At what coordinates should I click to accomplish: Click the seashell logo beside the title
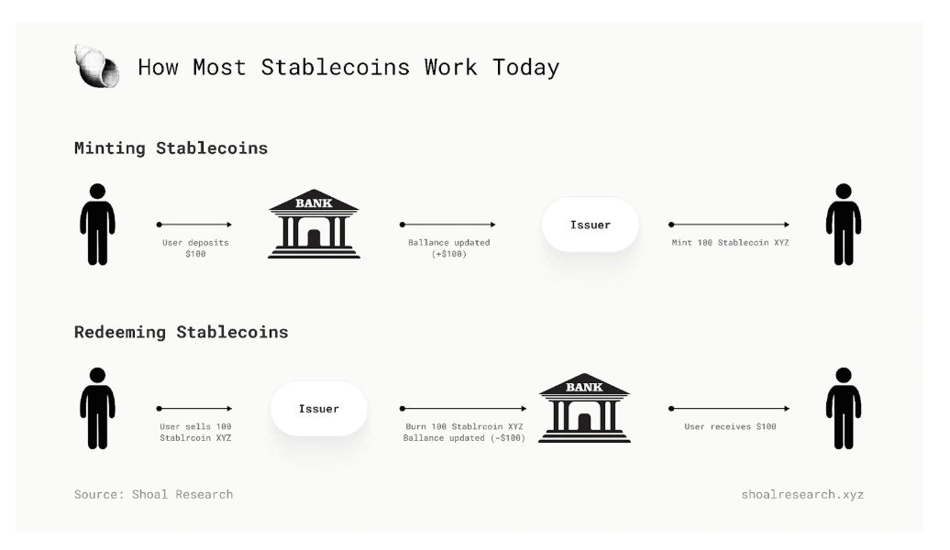click(x=96, y=66)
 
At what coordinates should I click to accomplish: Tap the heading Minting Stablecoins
click(x=171, y=148)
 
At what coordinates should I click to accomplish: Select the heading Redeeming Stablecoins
click(x=182, y=332)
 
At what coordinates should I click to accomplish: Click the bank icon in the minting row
click(x=314, y=224)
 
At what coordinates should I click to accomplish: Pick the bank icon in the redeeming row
click(x=584, y=408)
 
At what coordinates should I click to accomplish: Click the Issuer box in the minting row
click(x=591, y=225)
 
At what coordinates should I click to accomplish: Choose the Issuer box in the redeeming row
click(x=319, y=409)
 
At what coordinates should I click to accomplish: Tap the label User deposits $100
click(x=195, y=248)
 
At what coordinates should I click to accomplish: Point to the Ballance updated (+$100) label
click(x=449, y=248)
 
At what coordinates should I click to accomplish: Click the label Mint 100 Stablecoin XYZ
click(x=730, y=242)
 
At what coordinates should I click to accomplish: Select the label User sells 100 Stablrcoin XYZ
click(x=195, y=433)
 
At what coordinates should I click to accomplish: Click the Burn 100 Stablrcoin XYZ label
click(x=463, y=426)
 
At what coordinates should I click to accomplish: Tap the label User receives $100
click(x=730, y=426)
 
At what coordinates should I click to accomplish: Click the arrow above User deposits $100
click(x=194, y=225)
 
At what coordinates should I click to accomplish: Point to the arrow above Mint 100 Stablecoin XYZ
click(x=730, y=225)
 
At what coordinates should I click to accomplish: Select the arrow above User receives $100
click(x=730, y=409)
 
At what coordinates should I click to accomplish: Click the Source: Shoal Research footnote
click(x=153, y=494)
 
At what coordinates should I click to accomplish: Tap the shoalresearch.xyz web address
click(x=802, y=494)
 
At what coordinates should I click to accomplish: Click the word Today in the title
click(x=526, y=67)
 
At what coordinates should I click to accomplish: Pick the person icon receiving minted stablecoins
click(x=844, y=224)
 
